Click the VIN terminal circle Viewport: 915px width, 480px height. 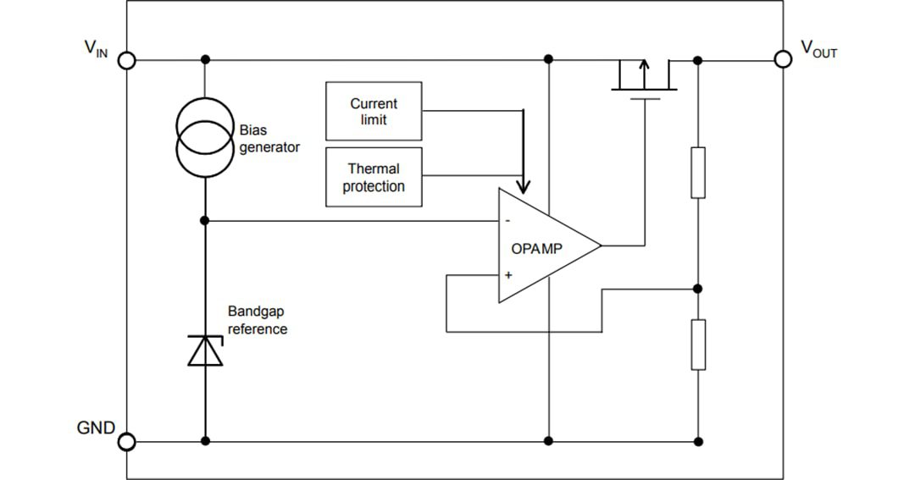pos(126,60)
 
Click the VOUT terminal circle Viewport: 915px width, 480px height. pos(784,59)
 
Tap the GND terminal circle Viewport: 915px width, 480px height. pos(126,441)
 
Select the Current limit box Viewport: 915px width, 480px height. pos(374,111)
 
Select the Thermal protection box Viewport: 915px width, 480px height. pos(374,177)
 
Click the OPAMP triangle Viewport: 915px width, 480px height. pos(542,246)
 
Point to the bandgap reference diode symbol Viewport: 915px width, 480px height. pos(205,350)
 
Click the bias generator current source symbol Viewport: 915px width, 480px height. pos(204,137)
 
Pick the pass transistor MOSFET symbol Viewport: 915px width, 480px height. pos(645,78)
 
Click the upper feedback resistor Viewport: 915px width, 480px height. pos(698,173)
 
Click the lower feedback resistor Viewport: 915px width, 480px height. pos(698,345)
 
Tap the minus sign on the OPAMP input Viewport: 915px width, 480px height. pos(507,221)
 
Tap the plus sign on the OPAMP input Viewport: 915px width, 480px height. pos(508,275)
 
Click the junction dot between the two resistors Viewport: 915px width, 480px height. pos(698,289)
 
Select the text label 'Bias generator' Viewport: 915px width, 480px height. pos(269,139)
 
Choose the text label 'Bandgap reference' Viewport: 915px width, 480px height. pos(258,320)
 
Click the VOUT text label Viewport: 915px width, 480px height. pos(818,50)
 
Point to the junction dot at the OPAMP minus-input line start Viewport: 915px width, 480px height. pos(205,220)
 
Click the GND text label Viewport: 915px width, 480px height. pos(96,428)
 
